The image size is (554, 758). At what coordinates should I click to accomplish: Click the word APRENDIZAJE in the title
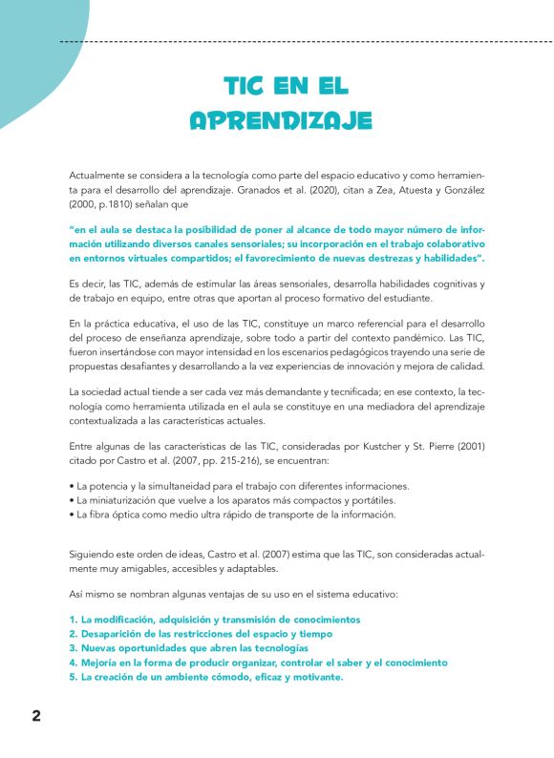point(280,120)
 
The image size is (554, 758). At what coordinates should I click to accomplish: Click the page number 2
point(36,716)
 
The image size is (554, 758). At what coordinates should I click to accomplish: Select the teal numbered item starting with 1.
point(214,620)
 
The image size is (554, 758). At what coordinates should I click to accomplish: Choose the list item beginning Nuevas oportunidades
point(181,648)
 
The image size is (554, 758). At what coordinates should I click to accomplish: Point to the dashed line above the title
point(306,42)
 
